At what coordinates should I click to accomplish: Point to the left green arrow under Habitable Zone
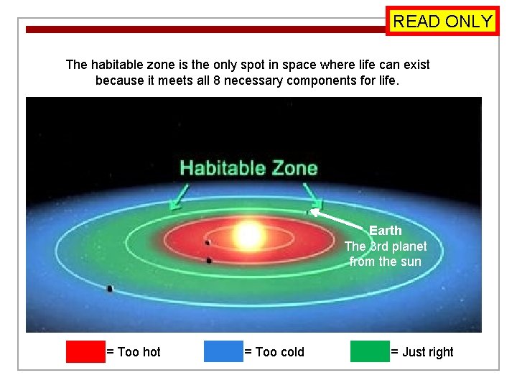(179, 195)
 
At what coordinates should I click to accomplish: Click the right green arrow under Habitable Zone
(312, 195)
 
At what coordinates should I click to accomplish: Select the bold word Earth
(386, 231)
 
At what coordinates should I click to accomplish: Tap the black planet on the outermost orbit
(110, 289)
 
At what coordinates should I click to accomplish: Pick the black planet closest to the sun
(208, 243)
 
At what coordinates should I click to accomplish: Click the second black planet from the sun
(209, 260)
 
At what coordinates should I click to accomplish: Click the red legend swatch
(85, 351)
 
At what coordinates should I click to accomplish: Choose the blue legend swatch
(223, 351)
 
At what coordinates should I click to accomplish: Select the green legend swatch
(370, 351)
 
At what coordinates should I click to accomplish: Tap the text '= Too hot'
(134, 352)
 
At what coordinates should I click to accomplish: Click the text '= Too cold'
(274, 352)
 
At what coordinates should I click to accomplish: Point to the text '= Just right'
(422, 352)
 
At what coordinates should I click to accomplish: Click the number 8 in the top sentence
(217, 80)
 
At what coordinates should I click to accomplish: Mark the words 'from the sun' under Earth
(386, 262)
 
